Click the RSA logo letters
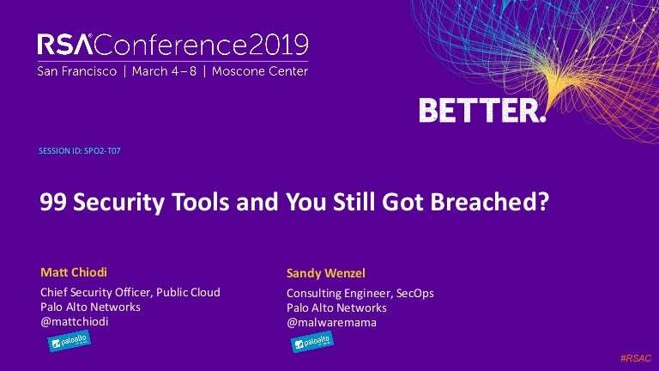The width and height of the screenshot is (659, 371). pyautogui.click(x=64, y=45)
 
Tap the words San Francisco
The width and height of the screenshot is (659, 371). pyautogui.click(x=77, y=71)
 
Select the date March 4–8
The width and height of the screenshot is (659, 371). pyautogui.click(x=164, y=71)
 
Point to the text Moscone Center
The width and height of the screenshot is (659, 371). pyautogui.click(x=260, y=71)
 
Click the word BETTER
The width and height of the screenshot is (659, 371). pyautogui.click(x=481, y=111)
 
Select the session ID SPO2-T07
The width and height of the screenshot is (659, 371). pyautogui.click(x=102, y=150)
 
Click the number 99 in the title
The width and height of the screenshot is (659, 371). pyautogui.click(x=53, y=202)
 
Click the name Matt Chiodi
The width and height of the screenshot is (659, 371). pyautogui.click(x=74, y=272)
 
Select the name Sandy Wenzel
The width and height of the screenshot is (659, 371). pyautogui.click(x=326, y=273)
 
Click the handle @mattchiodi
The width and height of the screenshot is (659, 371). pyautogui.click(x=75, y=322)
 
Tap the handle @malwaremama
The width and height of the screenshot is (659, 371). pyautogui.click(x=331, y=323)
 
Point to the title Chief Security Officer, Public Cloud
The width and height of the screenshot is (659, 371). pyautogui.click(x=130, y=292)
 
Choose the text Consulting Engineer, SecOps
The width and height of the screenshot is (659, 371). pyautogui.click(x=360, y=293)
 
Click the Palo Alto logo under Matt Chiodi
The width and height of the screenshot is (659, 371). pyautogui.click(x=69, y=341)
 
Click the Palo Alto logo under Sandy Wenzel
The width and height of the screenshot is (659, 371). pyautogui.click(x=312, y=342)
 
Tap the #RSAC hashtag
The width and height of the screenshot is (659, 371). pyautogui.click(x=636, y=358)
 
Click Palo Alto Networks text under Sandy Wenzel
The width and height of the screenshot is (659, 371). pyautogui.click(x=336, y=308)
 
